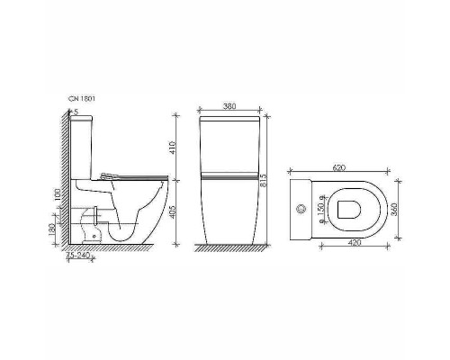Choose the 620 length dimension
pyautogui.click(x=338, y=166)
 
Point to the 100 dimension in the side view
pyautogui.click(x=57, y=194)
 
